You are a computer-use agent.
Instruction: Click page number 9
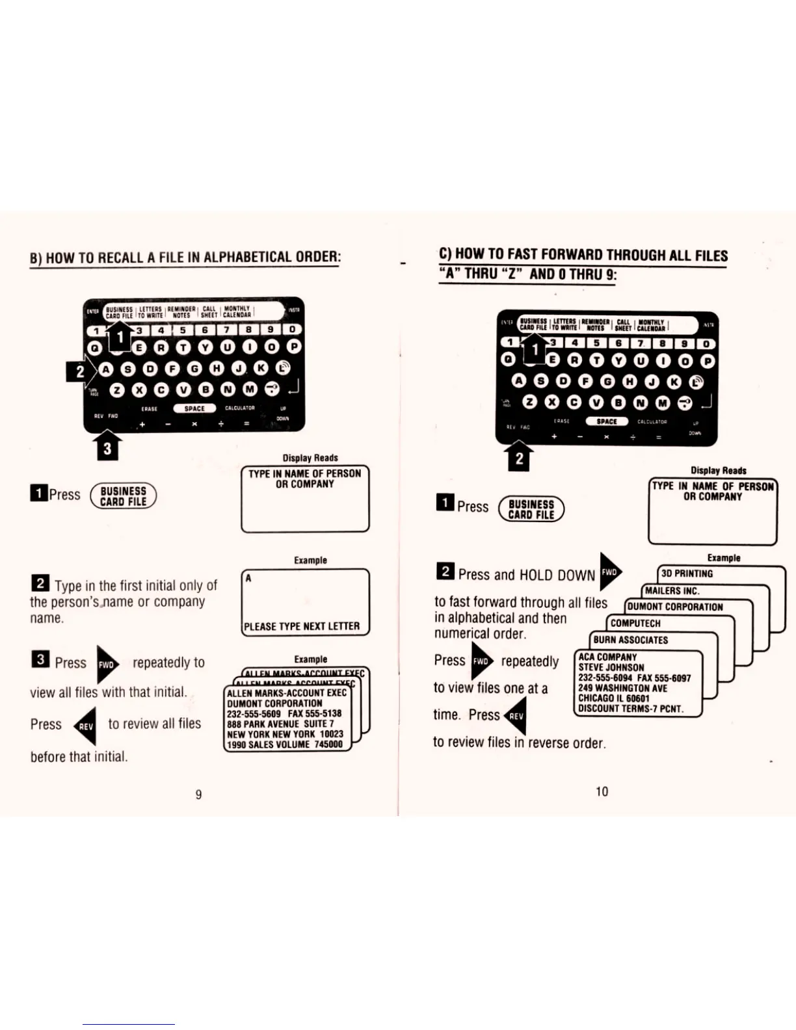(198, 794)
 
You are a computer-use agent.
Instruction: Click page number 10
(602, 791)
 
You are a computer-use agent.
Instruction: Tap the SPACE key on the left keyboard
(194, 408)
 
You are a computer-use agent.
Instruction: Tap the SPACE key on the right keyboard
(606, 421)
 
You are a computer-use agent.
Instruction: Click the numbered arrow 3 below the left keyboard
(107, 448)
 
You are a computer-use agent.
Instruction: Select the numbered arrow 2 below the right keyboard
(519, 458)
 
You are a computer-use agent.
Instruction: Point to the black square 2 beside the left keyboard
(79, 371)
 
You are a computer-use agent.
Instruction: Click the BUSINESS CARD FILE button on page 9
(123, 496)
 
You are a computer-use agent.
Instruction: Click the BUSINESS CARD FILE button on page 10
(531, 509)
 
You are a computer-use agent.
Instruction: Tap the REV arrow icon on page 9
(86, 726)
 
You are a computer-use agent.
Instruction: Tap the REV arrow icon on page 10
(516, 716)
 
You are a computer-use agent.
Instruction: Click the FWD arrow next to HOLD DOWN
(609, 572)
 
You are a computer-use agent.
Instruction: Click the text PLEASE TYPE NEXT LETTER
(302, 626)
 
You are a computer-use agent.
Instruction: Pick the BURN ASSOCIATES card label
(630, 640)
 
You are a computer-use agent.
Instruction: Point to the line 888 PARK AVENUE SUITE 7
(280, 724)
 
